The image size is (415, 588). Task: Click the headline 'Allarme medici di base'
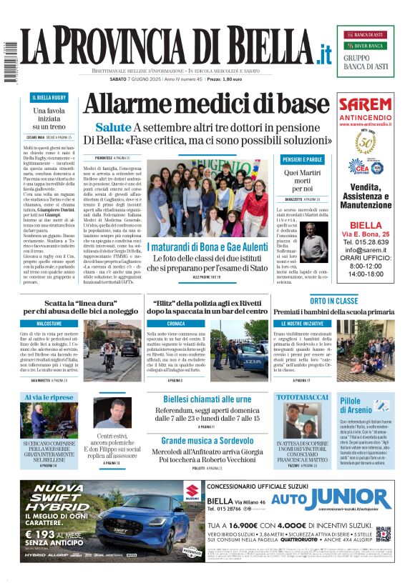tap(205, 104)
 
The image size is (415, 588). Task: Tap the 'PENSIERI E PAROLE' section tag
tap(302, 159)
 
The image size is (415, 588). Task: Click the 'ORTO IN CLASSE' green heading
tap(333, 301)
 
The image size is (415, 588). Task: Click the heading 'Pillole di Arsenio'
tap(355, 406)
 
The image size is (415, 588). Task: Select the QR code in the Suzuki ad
tap(384, 534)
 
